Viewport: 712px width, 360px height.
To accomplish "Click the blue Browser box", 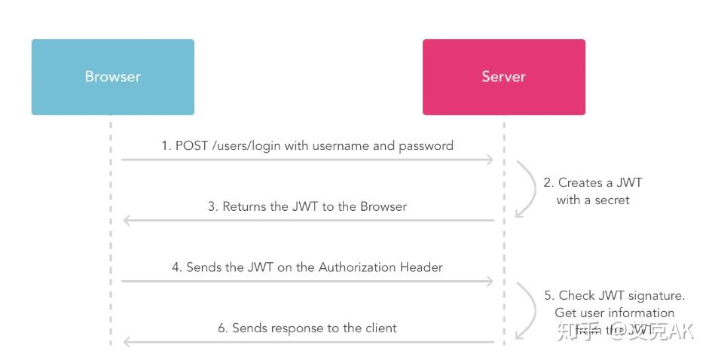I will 112,77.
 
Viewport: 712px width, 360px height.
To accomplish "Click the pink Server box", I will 503,77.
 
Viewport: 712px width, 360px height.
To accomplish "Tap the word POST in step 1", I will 192,145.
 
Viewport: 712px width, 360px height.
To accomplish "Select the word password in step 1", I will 426,145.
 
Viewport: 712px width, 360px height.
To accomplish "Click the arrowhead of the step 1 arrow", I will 490,160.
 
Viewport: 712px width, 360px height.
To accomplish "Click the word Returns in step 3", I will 245,206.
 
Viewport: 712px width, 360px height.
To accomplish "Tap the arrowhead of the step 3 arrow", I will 127,221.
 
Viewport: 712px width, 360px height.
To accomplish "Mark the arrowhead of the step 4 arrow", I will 490,282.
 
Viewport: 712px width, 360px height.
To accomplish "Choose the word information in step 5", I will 641,313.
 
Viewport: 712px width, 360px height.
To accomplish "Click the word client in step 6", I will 379,328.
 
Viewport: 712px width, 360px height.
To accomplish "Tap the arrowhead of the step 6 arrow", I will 127,342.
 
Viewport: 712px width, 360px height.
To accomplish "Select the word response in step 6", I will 295,328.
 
